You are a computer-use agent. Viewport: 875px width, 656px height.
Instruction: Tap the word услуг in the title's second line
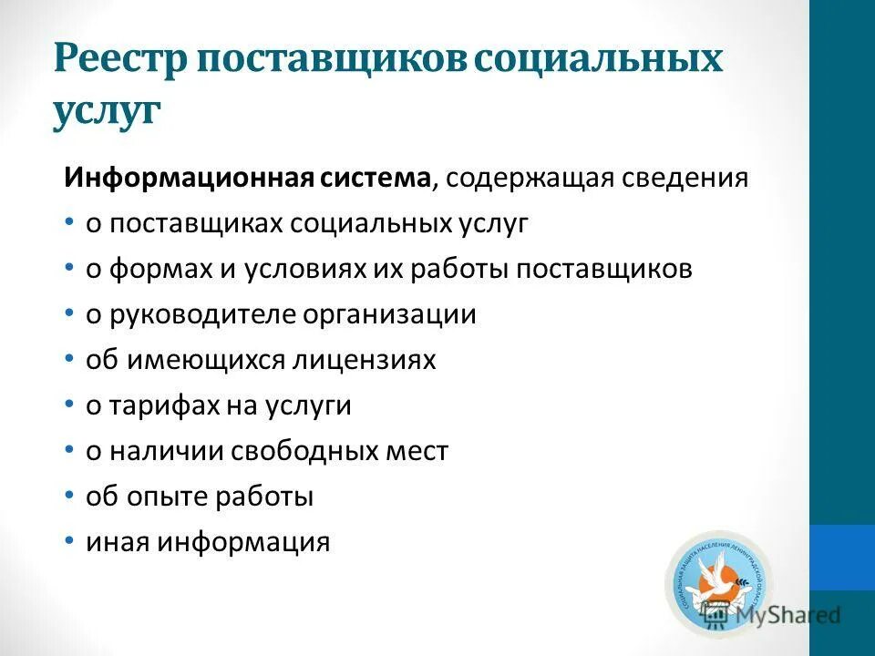[107, 114]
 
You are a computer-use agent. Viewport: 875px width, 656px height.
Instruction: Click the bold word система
[374, 178]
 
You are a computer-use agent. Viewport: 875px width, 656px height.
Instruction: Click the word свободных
[302, 451]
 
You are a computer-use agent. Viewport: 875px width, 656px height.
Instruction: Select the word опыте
[171, 497]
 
